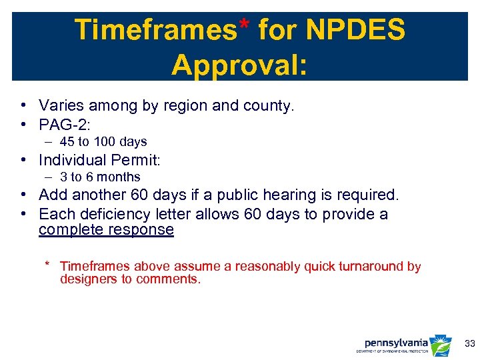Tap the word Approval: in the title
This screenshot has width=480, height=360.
click(x=239, y=65)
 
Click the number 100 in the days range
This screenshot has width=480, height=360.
click(x=109, y=141)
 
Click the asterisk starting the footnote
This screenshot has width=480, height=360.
click(x=47, y=265)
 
